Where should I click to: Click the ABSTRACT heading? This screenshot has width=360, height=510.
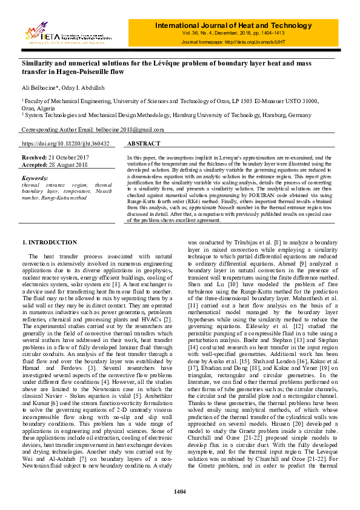point(144,144)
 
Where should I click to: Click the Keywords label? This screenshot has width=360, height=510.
point(35,178)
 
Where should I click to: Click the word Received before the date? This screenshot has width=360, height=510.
point(35,158)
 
